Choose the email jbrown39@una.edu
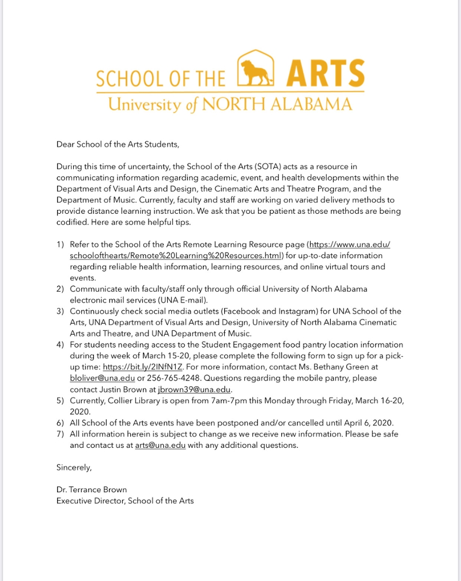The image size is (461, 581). click(x=194, y=389)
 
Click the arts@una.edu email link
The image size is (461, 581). click(x=160, y=446)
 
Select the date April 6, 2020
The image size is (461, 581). click(x=367, y=423)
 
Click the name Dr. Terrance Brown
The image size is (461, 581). click(x=92, y=490)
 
